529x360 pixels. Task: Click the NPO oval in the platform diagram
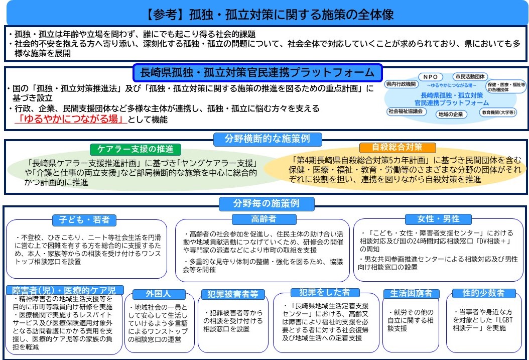(431, 77)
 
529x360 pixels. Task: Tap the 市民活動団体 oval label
(470, 77)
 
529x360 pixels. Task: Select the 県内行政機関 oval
(401, 84)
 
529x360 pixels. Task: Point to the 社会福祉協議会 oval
(406, 111)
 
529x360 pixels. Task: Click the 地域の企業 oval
(451, 114)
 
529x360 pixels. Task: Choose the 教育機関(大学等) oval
(498, 112)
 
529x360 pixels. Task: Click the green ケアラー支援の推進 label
(136, 149)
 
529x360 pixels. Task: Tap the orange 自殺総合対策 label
(398, 148)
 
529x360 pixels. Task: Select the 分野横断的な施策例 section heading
(268, 139)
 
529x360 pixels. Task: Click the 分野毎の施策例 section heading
(267, 203)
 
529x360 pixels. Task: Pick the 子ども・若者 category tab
(84, 220)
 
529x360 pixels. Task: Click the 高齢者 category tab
(264, 219)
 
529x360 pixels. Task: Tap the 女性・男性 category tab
(438, 219)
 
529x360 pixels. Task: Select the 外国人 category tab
(159, 294)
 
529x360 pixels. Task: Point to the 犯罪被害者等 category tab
(233, 294)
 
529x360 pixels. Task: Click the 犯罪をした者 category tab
(325, 292)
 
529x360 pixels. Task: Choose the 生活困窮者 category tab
(411, 293)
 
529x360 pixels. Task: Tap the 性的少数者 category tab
(483, 293)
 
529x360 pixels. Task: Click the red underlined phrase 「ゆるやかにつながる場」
(71, 119)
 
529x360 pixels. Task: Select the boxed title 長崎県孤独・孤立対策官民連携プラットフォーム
(257, 73)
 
